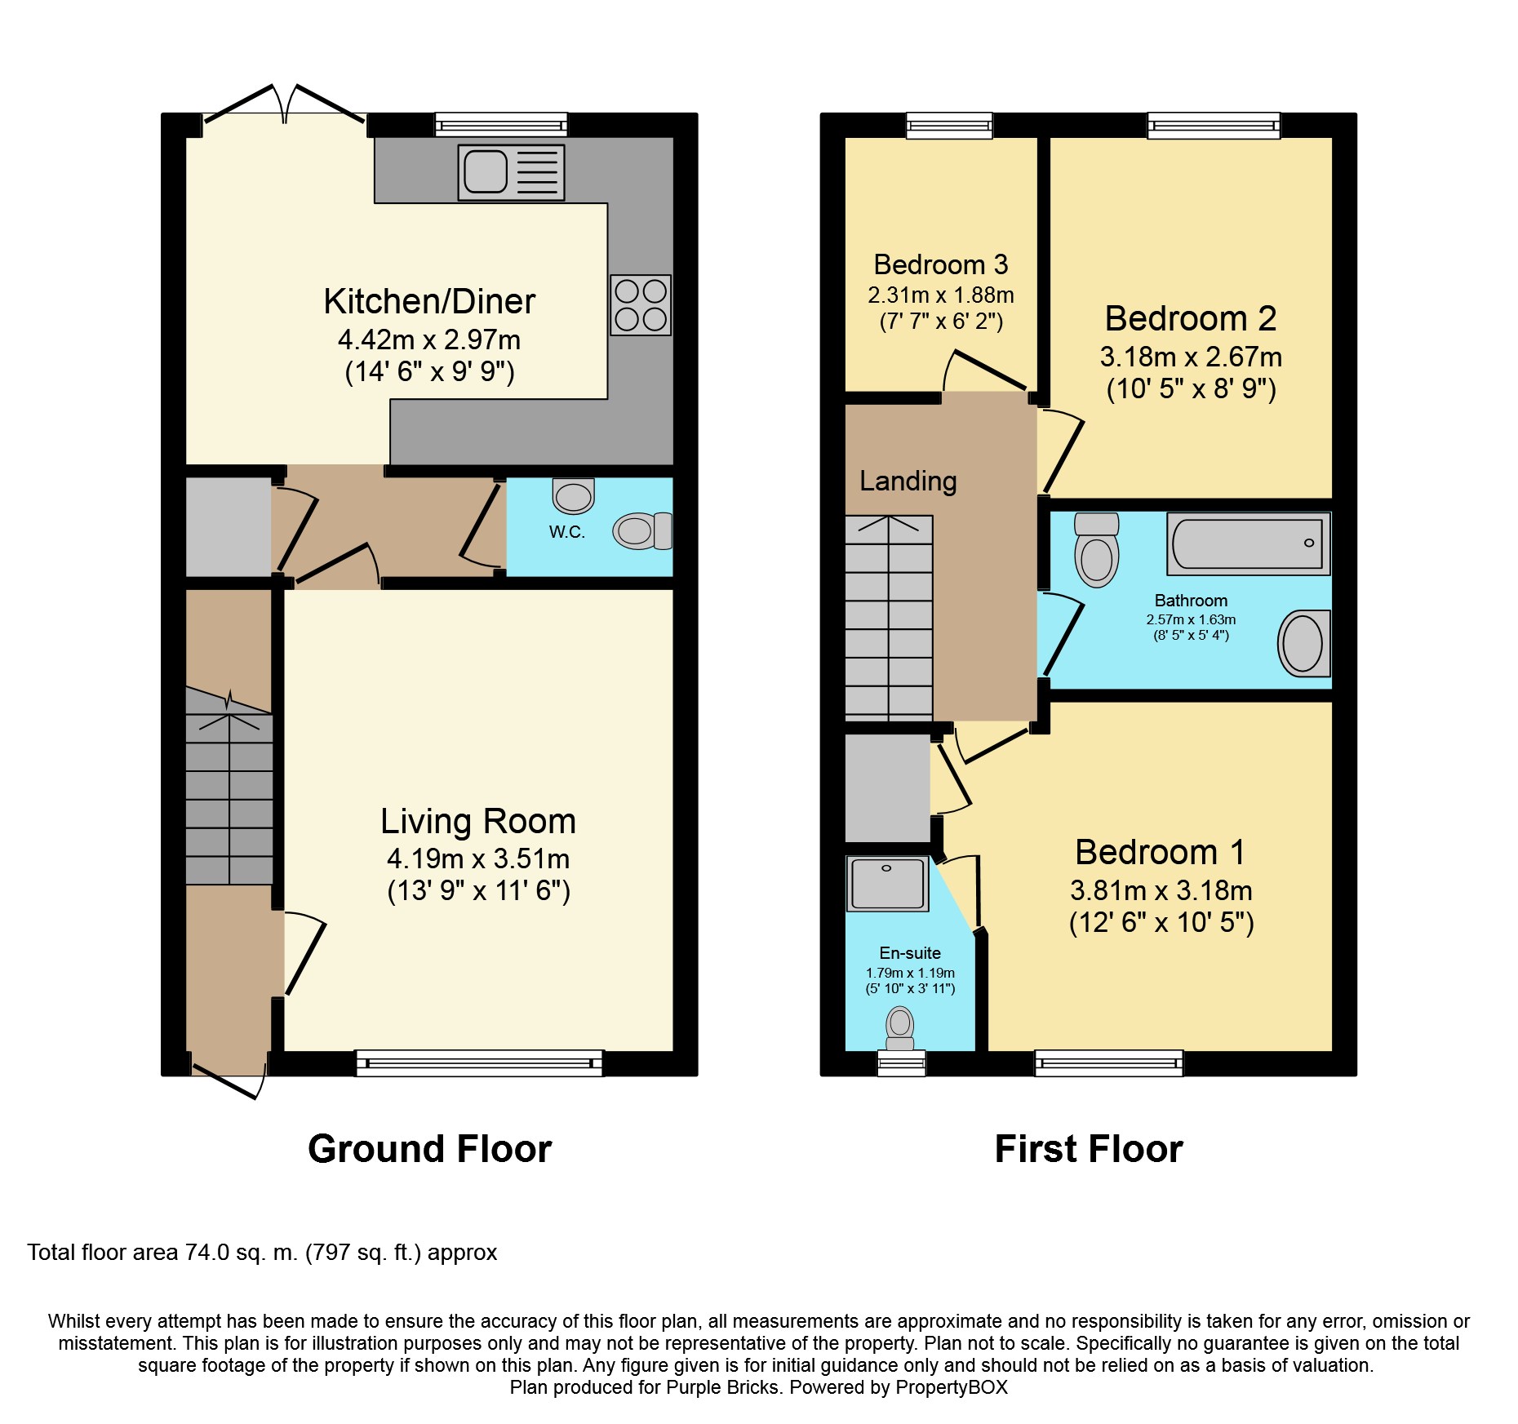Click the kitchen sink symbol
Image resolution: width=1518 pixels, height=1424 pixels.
tap(511, 172)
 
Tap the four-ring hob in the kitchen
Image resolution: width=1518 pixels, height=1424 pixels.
tap(641, 305)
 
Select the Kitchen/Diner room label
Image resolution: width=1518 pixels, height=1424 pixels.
tap(429, 301)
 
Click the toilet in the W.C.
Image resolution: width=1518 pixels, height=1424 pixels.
tap(641, 531)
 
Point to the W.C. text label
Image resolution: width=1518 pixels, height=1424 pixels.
tap(566, 532)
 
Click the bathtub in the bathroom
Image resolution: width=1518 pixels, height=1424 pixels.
tap(1249, 543)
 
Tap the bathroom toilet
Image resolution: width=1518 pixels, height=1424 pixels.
tap(1097, 550)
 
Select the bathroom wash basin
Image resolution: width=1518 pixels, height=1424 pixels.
tap(1303, 644)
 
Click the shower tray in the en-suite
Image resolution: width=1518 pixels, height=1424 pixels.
tap(887, 884)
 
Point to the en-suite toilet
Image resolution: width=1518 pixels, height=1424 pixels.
tap(900, 1029)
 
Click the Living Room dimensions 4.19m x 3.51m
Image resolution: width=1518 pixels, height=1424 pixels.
tap(478, 858)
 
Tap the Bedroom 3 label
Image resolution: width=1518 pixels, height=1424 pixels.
tap(940, 264)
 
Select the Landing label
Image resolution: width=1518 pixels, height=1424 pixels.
tap(908, 481)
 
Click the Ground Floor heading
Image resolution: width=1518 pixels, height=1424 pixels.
tap(429, 1148)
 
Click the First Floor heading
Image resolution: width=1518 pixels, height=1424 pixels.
tap(1088, 1148)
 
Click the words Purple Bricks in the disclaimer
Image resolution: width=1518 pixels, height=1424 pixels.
tap(722, 1387)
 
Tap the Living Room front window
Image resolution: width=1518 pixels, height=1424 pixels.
tap(479, 1063)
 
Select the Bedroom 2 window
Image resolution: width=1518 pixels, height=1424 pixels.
tap(1214, 125)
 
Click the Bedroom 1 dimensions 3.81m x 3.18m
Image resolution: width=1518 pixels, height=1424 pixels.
tap(1161, 890)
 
